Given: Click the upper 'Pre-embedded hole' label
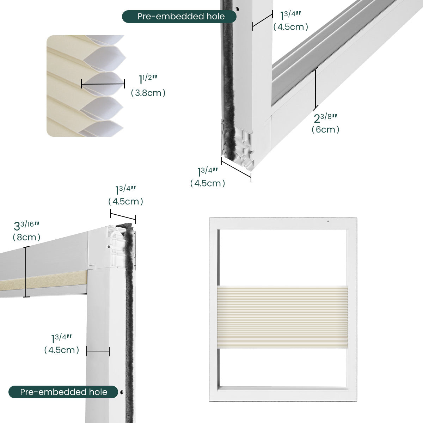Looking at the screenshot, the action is [179, 17].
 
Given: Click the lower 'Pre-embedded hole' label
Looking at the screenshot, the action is [63, 392].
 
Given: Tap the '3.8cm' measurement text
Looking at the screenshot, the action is [148, 93].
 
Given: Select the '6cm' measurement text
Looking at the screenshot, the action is [325, 129].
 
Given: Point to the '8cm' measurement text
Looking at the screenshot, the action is [26, 237].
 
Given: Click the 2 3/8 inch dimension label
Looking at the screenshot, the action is [325, 118].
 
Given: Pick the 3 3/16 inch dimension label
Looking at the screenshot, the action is [26, 226].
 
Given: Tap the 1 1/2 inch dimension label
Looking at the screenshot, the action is [148, 79].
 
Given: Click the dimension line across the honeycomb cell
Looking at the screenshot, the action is [103, 84].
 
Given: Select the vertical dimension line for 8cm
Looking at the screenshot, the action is [26, 272].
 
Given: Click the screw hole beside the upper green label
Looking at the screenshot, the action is [237, 9].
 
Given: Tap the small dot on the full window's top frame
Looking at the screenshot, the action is [328, 221].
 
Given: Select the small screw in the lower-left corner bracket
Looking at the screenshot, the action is [109, 246].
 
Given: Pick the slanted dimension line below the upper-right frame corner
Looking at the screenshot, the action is [236, 169].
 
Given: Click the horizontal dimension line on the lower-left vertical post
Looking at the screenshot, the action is [98, 351].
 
